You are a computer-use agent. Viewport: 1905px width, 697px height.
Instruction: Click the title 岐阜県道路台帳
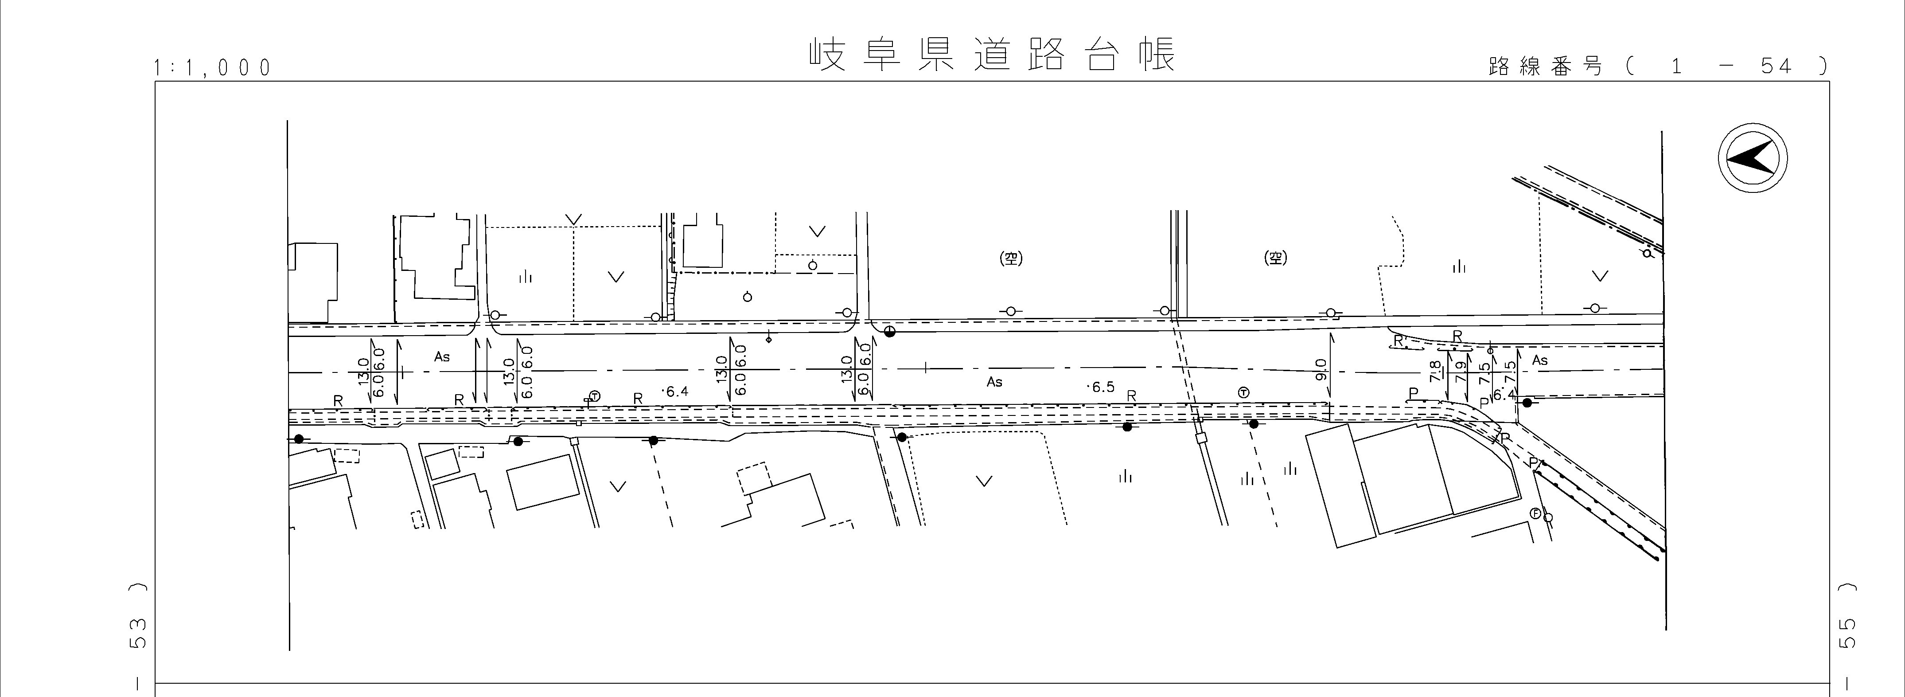click(x=991, y=55)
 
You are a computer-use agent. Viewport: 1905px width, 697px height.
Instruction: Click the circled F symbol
click(x=1535, y=513)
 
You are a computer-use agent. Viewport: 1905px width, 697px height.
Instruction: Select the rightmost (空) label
click(x=1276, y=258)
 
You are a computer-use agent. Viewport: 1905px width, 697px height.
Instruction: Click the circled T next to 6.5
click(x=1243, y=392)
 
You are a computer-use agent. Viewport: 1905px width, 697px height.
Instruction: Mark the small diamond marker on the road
click(x=769, y=340)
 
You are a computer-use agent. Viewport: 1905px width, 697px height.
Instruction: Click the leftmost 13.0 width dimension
click(x=363, y=369)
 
